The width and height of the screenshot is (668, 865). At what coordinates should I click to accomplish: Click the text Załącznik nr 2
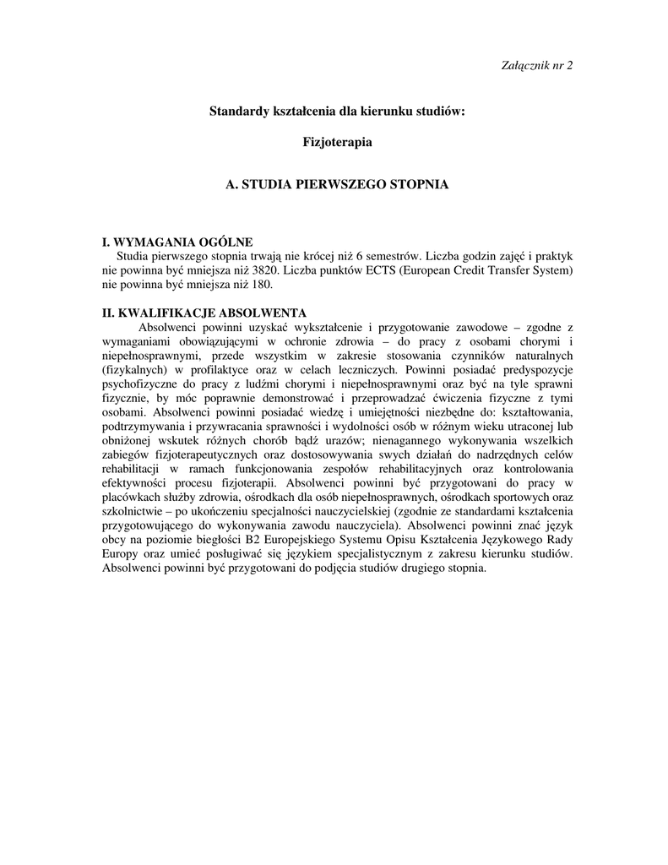coord(537,67)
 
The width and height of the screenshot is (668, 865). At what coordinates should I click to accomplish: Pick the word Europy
coord(122,554)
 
